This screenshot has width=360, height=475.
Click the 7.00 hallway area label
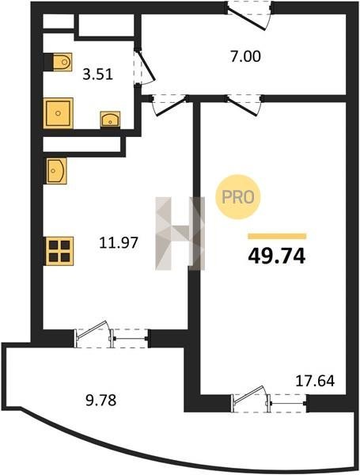tap(245, 57)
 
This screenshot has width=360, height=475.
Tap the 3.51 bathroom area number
tap(98, 74)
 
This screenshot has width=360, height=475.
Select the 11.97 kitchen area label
tap(119, 242)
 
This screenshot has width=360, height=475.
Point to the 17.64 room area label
tap(315, 381)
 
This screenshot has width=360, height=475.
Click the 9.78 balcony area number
tap(101, 400)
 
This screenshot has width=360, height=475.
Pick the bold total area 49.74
tap(277, 256)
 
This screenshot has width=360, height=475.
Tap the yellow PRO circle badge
tap(238, 197)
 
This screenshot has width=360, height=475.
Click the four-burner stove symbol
tap(59, 251)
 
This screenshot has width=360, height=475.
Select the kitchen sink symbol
tap(56, 171)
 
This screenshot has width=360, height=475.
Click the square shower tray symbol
tap(58, 113)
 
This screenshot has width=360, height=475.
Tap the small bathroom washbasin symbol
tap(110, 119)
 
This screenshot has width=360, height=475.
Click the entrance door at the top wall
tap(249, 15)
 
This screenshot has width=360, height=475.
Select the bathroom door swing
tap(145, 66)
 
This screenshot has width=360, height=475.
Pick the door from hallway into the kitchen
tap(169, 104)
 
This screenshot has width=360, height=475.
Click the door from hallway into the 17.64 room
tap(244, 104)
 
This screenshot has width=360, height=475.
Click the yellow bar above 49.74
tap(277, 236)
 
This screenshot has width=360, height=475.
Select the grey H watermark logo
tap(180, 234)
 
